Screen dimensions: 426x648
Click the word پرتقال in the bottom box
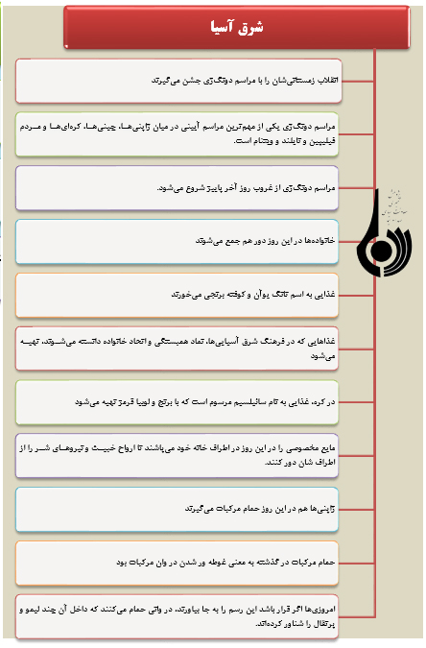pos(323,624)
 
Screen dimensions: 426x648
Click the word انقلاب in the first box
pos(327,81)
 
